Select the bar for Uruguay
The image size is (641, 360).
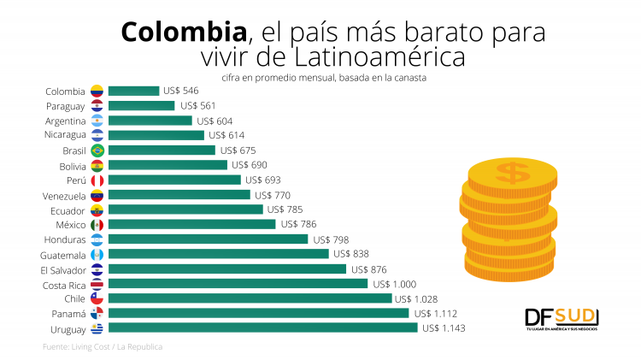tap(263, 328)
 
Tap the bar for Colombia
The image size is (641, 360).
tap(134, 91)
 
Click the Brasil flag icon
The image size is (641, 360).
tap(97, 150)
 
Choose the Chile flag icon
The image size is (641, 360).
tap(97, 298)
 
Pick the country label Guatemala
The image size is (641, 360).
tap(63, 255)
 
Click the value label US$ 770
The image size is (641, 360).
tap(273, 195)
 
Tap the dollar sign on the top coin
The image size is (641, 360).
tap(513, 174)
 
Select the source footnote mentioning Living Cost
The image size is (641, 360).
tap(103, 347)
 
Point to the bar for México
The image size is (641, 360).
tap(192, 224)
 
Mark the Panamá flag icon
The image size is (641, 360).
tap(97, 314)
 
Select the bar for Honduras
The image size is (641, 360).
tap(209, 239)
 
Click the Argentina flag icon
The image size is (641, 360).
tap(97, 121)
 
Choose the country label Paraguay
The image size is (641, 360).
tap(66, 106)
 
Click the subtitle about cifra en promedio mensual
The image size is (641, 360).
tap(323, 78)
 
